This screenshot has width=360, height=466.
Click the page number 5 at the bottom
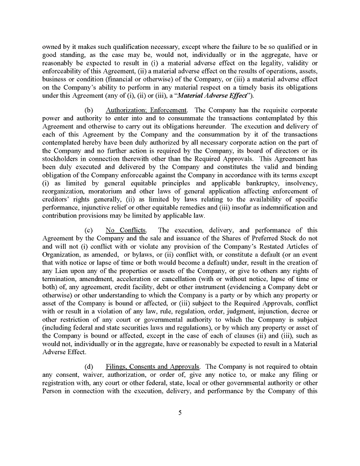[x=179, y=413]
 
